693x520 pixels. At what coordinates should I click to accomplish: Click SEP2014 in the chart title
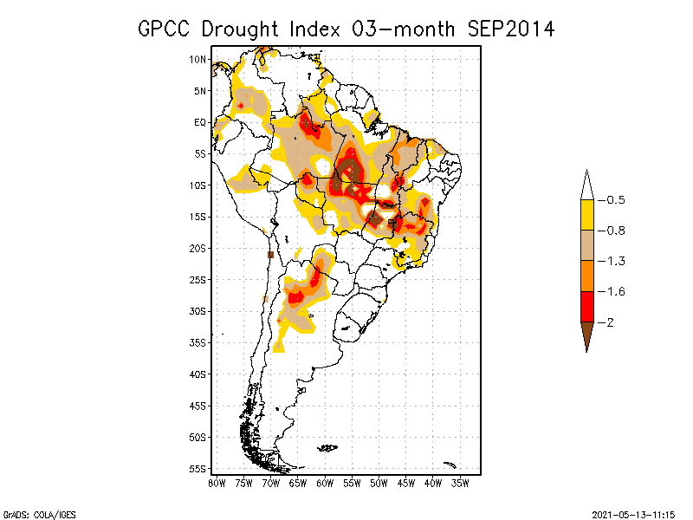tap(511, 29)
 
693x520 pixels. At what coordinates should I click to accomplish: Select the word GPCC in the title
tap(166, 29)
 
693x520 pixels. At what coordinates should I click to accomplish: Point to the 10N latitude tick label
tap(198, 60)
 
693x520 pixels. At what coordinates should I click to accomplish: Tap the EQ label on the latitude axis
tap(200, 122)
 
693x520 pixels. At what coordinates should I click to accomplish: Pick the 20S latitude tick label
tap(198, 248)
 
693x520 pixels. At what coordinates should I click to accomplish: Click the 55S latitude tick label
tap(198, 468)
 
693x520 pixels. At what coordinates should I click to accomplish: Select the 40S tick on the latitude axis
tap(198, 374)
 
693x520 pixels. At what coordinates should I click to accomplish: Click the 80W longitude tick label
tap(217, 483)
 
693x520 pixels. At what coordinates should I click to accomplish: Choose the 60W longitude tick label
tap(325, 483)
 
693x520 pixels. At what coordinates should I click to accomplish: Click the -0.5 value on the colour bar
tap(612, 200)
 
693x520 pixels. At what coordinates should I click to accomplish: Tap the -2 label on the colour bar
tap(608, 322)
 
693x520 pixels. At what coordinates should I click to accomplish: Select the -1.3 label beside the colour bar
tap(612, 261)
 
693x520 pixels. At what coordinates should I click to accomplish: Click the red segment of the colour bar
tap(586, 306)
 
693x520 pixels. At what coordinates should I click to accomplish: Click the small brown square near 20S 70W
tap(270, 255)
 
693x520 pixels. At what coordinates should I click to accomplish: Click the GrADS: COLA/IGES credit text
tap(33, 513)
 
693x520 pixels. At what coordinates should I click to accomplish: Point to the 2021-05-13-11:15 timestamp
tap(634, 513)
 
